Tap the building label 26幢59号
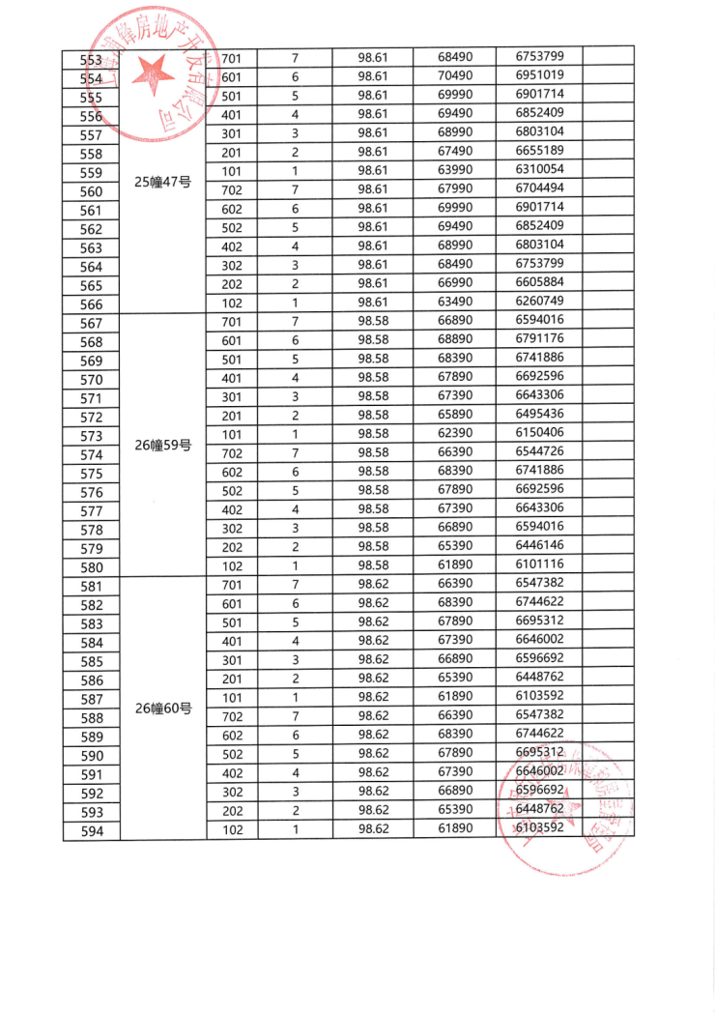click(163, 446)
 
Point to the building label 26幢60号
click(163, 708)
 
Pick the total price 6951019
click(540, 75)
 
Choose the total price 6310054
click(540, 169)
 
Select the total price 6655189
click(540, 150)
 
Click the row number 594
click(92, 831)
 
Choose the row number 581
click(92, 587)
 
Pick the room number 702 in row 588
click(232, 717)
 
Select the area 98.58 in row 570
click(373, 377)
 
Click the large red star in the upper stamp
click(153, 73)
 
